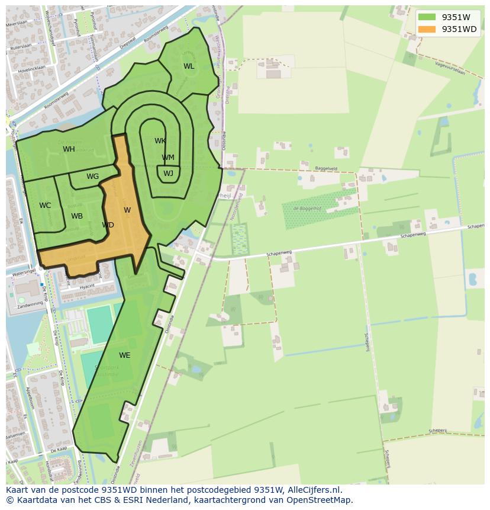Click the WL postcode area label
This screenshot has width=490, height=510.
point(189,66)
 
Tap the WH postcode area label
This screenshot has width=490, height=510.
point(69,149)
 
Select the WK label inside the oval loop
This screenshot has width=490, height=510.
point(160,141)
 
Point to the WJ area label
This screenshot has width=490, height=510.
point(168,174)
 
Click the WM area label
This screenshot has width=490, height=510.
point(168,158)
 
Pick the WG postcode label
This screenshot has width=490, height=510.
point(92,177)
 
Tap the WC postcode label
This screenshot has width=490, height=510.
point(45,206)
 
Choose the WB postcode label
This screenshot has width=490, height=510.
point(77,216)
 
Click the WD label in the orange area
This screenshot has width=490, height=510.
point(108,225)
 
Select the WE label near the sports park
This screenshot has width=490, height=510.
point(124,355)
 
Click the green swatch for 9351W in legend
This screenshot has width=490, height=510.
point(427,17)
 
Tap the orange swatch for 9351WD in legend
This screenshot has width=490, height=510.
point(427,29)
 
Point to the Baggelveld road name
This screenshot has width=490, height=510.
point(325,169)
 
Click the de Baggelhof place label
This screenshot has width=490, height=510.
point(307,208)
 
